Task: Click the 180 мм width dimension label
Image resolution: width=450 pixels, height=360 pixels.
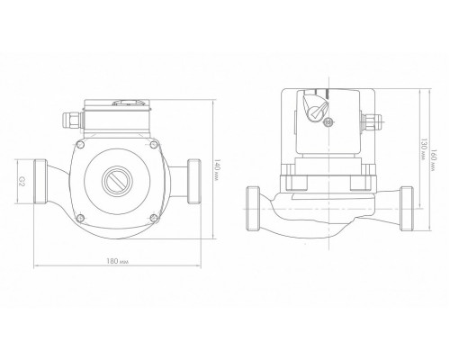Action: [x=118, y=261]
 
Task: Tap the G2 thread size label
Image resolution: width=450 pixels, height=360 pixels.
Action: [x=22, y=181]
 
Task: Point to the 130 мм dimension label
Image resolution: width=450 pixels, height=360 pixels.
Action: [x=423, y=148]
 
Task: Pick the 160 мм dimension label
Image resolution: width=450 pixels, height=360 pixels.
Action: [x=434, y=160]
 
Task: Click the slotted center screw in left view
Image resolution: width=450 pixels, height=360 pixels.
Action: [x=117, y=181]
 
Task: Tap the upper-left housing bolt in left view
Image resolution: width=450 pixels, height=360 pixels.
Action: [x=80, y=144]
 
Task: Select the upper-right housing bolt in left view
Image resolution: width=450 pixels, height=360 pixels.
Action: [x=154, y=144]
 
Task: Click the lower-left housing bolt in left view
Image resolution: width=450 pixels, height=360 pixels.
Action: [x=80, y=219]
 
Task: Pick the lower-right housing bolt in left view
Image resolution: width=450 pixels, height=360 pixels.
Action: [x=154, y=219]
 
